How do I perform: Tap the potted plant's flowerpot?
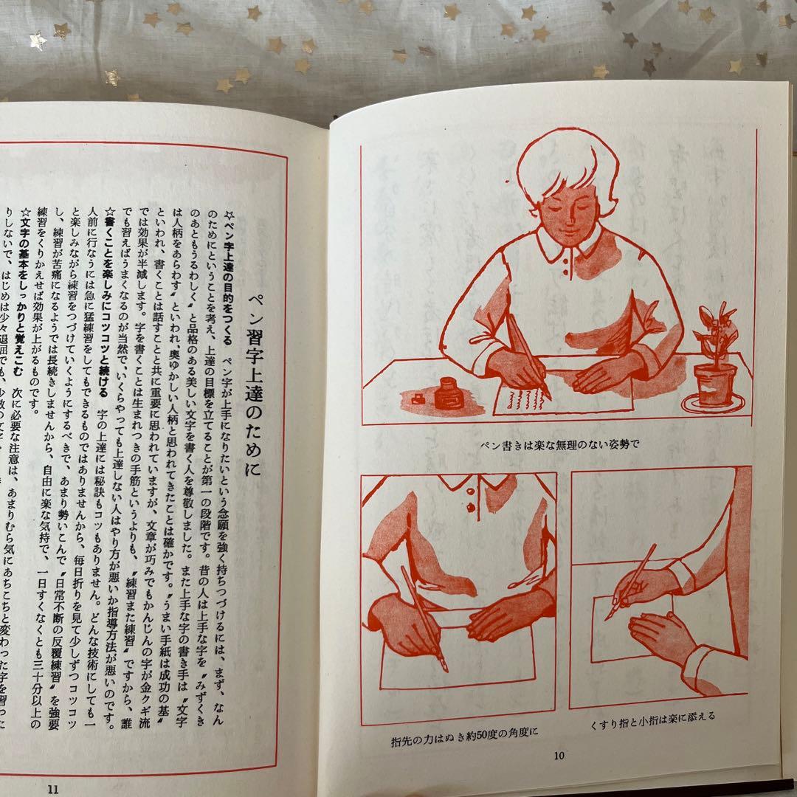pos(714,384)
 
